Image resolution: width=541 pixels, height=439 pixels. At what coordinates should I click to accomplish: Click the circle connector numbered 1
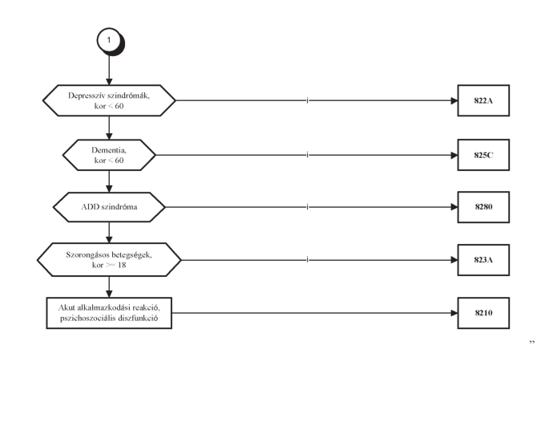pyautogui.click(x=109, y=40)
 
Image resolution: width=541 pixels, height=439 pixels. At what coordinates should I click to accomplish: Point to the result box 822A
pyautogui.click(x=483, y=100)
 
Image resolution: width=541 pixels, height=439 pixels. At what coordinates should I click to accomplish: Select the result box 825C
pyautogui.click(x=483, y=155)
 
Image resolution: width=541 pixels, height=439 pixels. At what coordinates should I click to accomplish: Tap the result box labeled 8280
pyautogui.click(x=483, y=207)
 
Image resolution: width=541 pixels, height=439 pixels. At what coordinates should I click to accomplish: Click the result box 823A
pyautogui.click(x=483, y=260)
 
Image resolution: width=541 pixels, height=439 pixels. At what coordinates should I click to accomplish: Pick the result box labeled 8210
pyautogui.click(x=483, y=313)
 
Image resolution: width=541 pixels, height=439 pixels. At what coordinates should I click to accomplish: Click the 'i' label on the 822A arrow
pyautogui.click(x=308, y=100)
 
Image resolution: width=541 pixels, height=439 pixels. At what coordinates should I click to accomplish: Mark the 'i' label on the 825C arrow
pyautogui.click(x=308, y=155)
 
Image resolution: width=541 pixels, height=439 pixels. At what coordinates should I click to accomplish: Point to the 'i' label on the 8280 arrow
pyautogui.click(x=308, y=207)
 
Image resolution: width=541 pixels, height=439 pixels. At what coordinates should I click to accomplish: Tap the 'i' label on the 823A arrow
pyautogui.click(x=308, y=260)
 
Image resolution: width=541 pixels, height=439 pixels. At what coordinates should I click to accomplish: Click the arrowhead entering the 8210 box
pyautogui.click(x=454, y=313)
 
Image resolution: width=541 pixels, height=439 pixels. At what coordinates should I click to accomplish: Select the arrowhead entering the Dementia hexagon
pyautogui.click(x=109, y=136)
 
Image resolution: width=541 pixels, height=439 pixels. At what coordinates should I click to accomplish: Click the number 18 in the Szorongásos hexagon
pyautogui.click(x=122, y=266)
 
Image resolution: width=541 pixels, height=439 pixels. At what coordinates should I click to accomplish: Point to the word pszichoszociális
pyautogui.click(x=87, y=318)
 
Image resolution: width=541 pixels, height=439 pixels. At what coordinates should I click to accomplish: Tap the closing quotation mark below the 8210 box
pyautogui.click(x=531, y=342)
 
